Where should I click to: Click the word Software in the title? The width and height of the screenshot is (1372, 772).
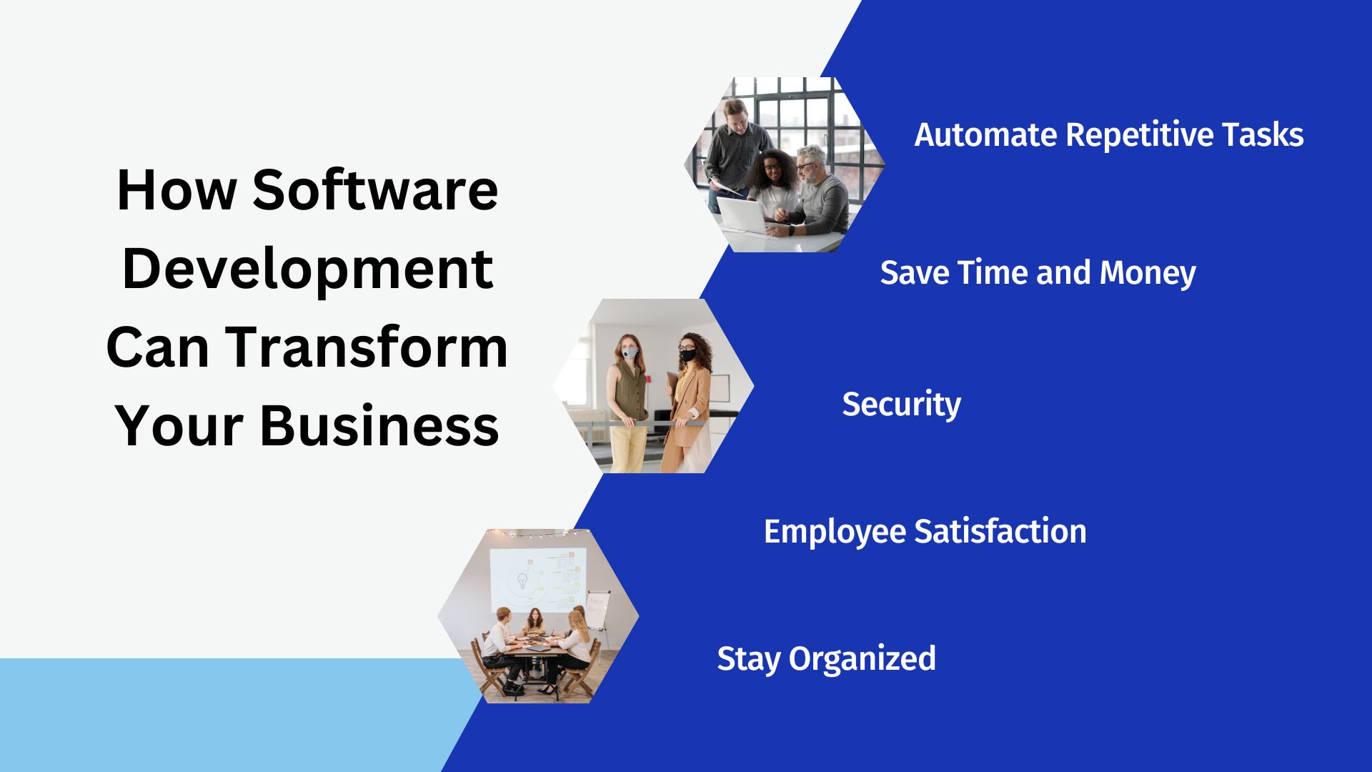(375, 190)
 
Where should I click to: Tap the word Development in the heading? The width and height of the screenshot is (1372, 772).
(307, 270)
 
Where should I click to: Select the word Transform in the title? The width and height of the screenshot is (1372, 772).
(367, 347)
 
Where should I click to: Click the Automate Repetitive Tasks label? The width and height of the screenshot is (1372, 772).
(1109, 134)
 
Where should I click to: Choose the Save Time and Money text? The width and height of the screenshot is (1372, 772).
(1038, 272)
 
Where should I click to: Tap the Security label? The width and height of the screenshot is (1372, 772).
(901, 405)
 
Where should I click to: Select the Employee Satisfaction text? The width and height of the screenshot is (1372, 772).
(925, 532)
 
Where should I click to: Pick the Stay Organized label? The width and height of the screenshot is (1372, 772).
(826, 659)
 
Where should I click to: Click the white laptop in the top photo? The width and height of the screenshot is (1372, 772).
(743, 216)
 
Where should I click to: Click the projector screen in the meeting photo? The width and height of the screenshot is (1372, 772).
(537, 579)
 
